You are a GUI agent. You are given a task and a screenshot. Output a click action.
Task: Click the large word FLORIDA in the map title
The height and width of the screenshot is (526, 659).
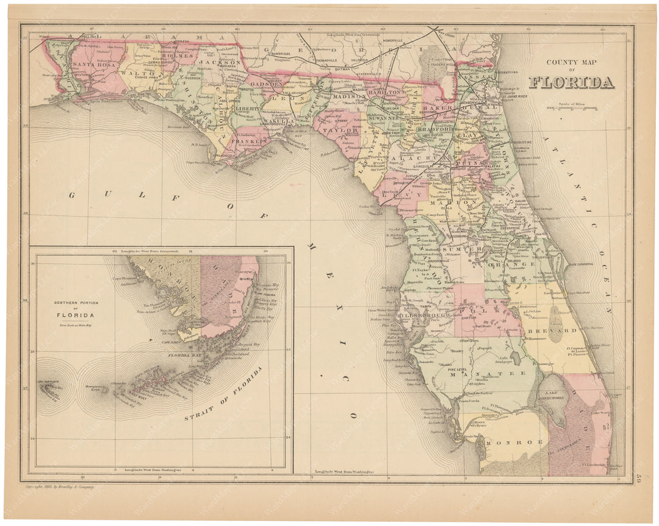point(571,82)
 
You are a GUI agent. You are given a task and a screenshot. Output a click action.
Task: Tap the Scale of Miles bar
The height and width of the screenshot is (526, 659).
point(572,109)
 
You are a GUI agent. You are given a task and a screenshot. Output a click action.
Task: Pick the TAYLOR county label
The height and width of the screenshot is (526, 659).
point(340,130)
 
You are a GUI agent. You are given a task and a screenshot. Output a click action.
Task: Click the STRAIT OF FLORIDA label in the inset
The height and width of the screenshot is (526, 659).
point(223,395)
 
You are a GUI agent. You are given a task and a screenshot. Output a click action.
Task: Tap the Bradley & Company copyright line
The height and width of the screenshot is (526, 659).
point(60,487)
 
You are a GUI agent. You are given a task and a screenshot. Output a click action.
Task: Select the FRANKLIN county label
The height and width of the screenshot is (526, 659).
point(250,142)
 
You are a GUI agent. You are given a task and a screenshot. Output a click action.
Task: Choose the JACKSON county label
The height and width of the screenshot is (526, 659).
point(220,62)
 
